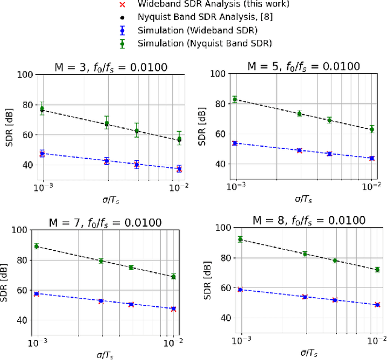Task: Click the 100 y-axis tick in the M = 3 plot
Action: (x=25, y=75)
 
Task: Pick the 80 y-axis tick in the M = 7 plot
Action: (x=22, y=260)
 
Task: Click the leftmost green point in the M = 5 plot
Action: (x=235, y=100)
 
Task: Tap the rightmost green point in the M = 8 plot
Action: (x=377, y=269)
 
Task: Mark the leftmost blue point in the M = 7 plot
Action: (x=37, y=294)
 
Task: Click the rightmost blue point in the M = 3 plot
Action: (x=179, y=169)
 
